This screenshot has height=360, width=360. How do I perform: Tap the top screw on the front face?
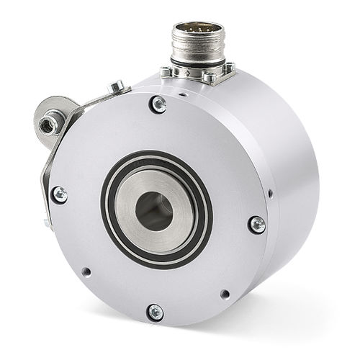pyautogui.click(x=158, y=105)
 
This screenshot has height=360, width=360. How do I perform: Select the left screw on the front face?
pyautogui.click(x=59, y=194)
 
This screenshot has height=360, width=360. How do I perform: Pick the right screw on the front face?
pyautogui.click(x=256, y=224)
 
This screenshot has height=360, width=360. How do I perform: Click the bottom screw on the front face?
pyautogui.click(x=155, y=312)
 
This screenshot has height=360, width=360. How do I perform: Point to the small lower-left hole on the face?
pyautogui.click(x=86, y=272)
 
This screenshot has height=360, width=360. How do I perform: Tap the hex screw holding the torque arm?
pyautogui.click(x=115, y=88)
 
